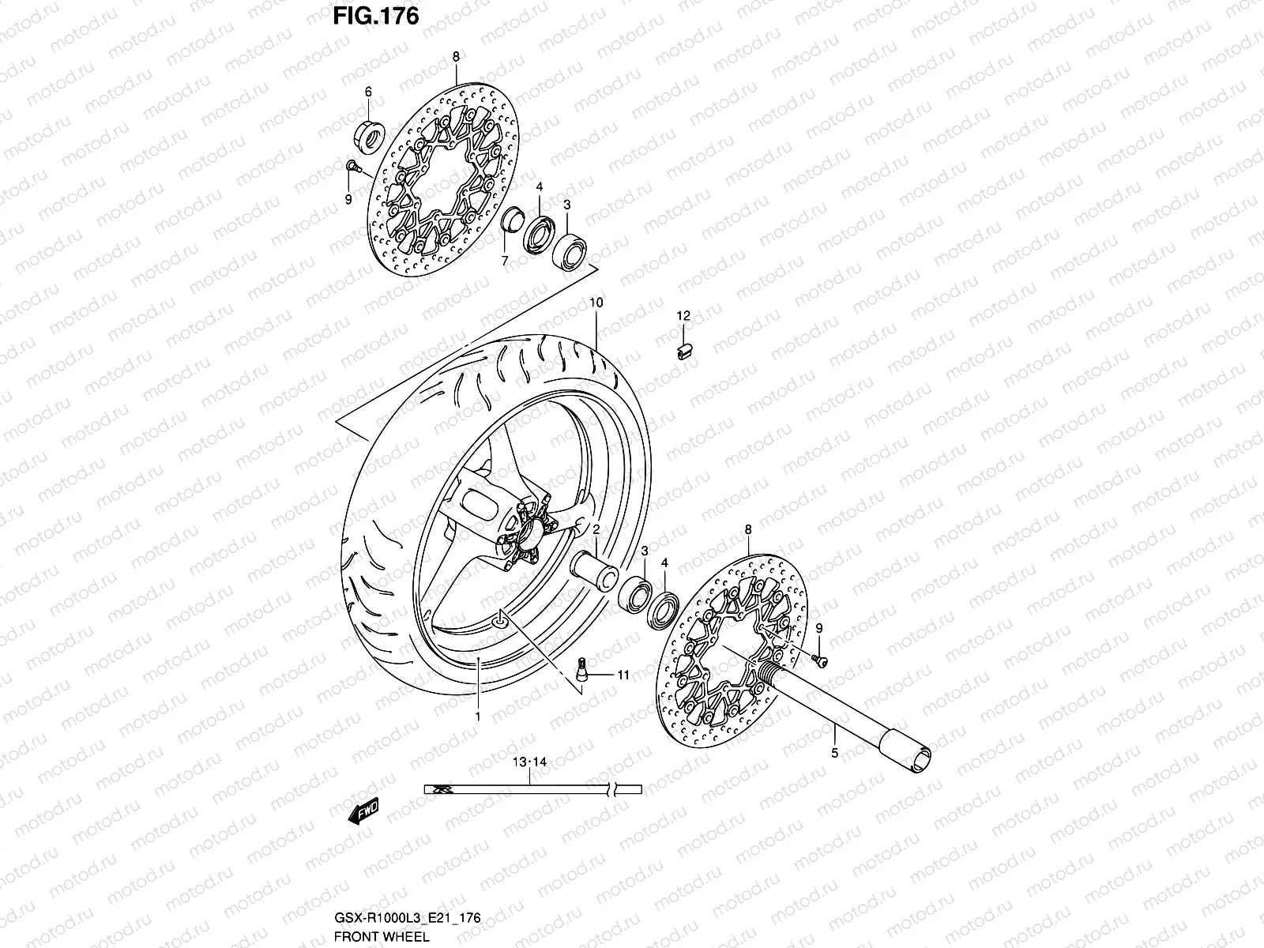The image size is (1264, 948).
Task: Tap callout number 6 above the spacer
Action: coord(368,92)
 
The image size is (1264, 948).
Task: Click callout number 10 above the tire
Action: coord(596,303)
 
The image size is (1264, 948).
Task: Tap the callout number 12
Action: coord(683,316)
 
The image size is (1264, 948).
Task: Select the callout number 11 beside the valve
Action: coord(623,675)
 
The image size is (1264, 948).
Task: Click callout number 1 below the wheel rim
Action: coord(477,716)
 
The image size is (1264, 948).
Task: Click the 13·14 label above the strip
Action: coord(529,762)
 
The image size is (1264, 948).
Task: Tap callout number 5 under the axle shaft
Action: coord(835,754)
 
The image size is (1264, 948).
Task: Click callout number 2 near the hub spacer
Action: coord(596,530)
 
